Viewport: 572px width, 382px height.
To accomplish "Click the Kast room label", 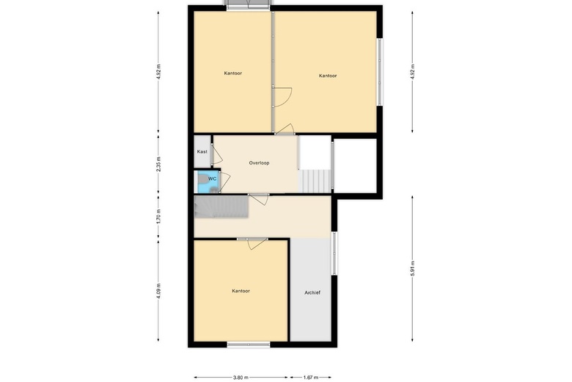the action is coord(202,152).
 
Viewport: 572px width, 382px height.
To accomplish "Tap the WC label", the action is coord(213,179).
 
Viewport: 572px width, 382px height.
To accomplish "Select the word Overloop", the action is coord(259,163).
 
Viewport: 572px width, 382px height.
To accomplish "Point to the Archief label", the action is coord(312,293).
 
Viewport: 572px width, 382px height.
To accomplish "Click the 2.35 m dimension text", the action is coord(158,164).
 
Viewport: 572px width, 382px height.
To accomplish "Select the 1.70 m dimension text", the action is coord(158,217).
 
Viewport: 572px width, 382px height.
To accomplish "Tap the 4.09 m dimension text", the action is coord(158,291).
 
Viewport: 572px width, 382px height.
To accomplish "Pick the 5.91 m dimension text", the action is coord(413,269).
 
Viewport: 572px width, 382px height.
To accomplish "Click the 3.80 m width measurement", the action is coord(241,378).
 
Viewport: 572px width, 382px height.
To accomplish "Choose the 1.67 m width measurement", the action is coord(311,378).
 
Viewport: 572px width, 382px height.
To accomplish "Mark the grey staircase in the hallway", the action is coord(221,207).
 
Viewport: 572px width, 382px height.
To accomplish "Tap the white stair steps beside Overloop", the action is coord(315,181).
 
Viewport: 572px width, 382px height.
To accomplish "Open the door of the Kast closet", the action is coord(216,154).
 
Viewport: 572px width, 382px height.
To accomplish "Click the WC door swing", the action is coord(224,181).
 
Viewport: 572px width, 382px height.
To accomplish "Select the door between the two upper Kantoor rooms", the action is coord(282,97).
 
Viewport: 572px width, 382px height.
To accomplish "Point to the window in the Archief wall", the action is coord(334,253).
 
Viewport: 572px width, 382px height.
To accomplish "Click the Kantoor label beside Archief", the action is coord(241,291).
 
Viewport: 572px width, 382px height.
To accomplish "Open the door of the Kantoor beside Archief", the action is coord(257,244).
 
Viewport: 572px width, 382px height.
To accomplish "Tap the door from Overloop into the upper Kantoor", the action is coord(285,129).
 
